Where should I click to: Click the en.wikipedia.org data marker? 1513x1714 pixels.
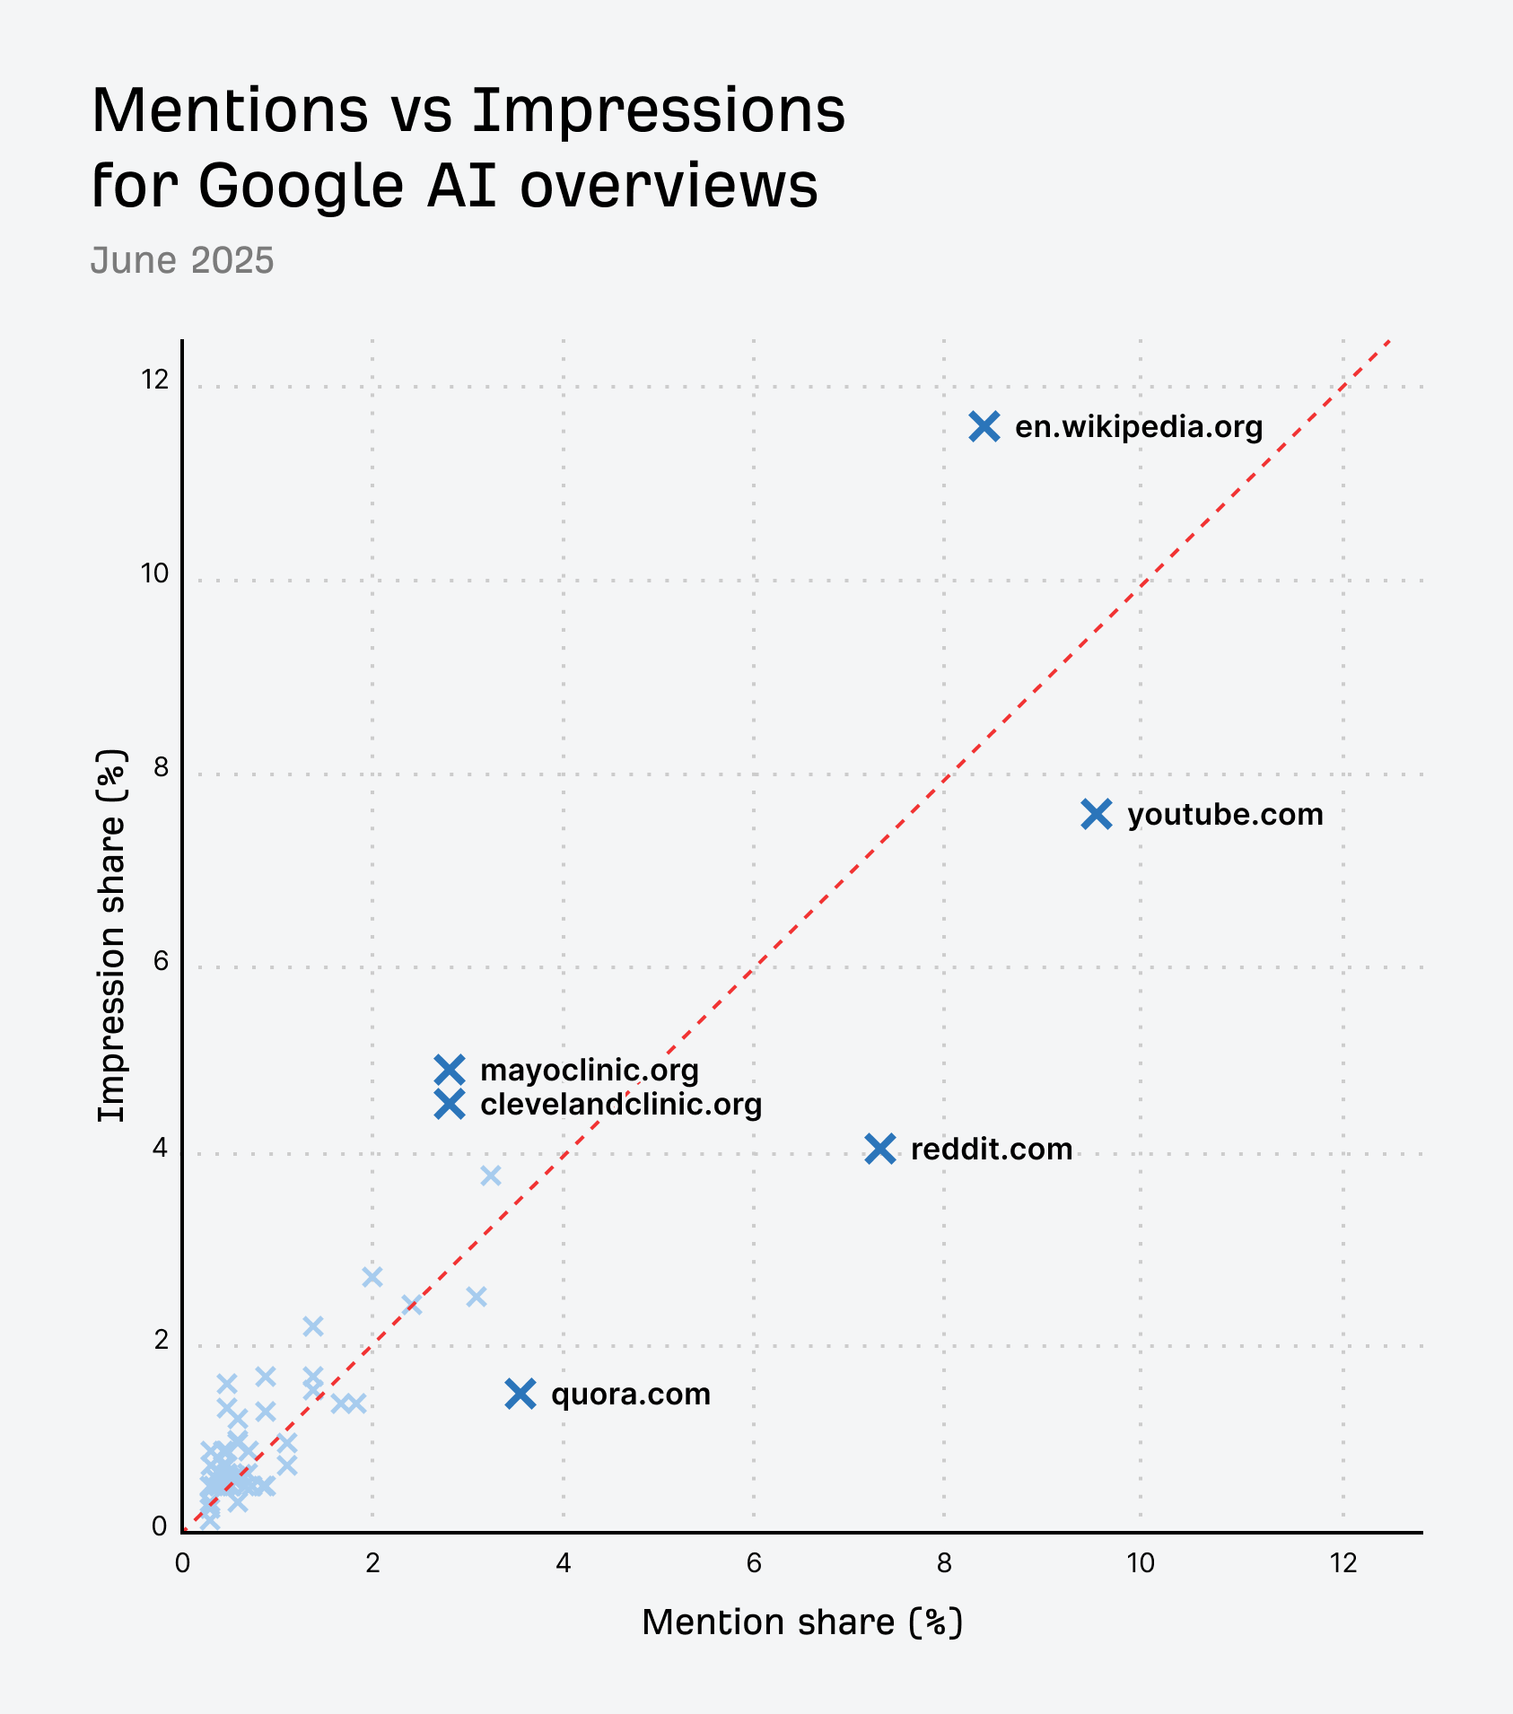pos(984,427)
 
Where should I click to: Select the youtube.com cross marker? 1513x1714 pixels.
pos(1097,815)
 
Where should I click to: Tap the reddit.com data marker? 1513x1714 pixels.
pos(880,1149)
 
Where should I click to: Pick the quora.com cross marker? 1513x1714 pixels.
pos(520,1394)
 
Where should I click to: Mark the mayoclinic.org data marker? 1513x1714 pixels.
pos(450,1070)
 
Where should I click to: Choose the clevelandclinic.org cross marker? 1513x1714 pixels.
pos(450,1105)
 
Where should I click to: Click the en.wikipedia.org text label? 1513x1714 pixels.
pos(1138,427)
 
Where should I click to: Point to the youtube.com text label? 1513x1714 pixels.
pos(1225,815)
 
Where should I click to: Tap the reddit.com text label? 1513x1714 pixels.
pos(991,1150)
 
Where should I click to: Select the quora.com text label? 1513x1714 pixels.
pos(630,1395)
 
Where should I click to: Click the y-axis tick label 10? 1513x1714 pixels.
pos(154,573)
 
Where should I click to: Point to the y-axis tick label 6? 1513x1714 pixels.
pos(161,961)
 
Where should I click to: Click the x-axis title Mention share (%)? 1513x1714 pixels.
pos(801,1622)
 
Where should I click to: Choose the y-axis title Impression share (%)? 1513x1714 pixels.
pos(112,935)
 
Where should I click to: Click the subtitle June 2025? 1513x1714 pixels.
pos(182,260)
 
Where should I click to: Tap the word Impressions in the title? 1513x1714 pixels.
pos(659,110)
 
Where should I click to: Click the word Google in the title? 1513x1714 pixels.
pos(302,186)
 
